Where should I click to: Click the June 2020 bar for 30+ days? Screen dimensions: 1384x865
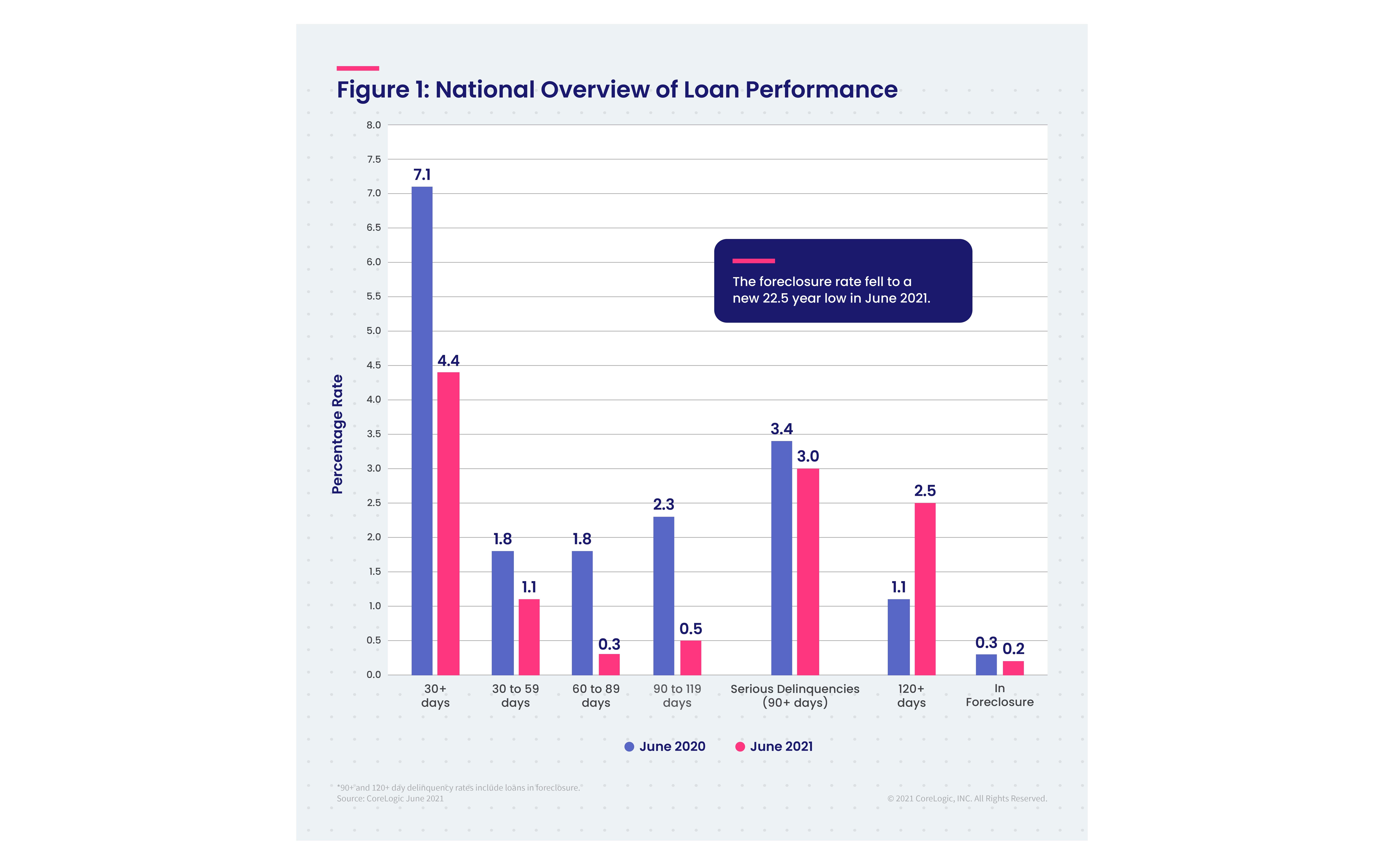422,431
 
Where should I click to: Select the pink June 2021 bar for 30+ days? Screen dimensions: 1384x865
448,523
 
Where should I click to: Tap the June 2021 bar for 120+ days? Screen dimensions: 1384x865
925,589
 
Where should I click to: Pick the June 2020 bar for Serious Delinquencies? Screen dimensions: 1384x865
782,558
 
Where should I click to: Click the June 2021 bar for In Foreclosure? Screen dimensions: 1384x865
1013,668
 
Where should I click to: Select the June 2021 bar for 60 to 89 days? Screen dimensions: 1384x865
609,664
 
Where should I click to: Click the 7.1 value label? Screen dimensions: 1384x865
422,175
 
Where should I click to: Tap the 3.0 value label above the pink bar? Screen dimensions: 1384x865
808,456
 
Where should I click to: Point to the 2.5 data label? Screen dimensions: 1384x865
925,490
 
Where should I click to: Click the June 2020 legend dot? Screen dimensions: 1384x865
629,747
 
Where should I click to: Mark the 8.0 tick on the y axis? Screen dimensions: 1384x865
374,125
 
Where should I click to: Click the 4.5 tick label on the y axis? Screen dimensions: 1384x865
374,365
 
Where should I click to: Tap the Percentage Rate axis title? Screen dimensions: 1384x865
337,434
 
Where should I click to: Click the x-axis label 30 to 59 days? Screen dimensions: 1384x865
515,696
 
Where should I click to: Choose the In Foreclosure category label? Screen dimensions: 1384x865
1000,695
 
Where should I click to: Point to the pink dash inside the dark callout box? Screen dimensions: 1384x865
754,261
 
